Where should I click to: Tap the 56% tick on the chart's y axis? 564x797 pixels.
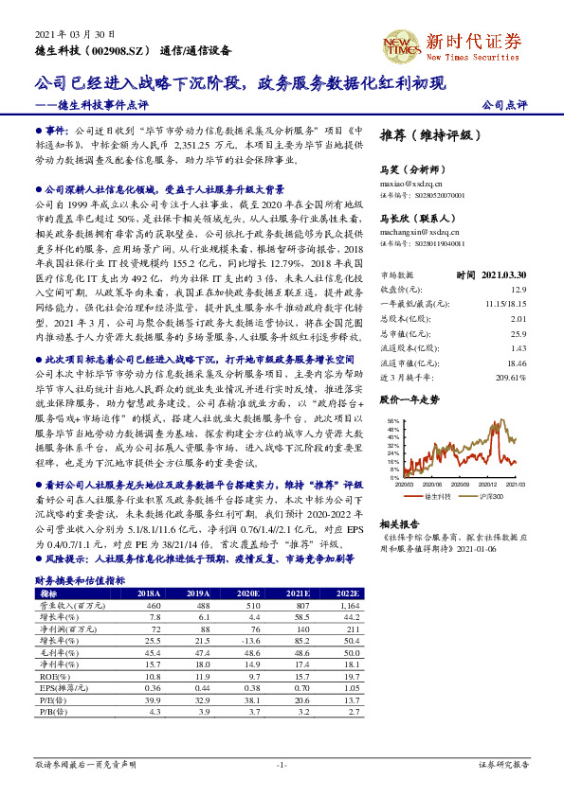pos(392,420)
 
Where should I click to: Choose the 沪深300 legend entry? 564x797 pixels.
pos(490,496)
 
